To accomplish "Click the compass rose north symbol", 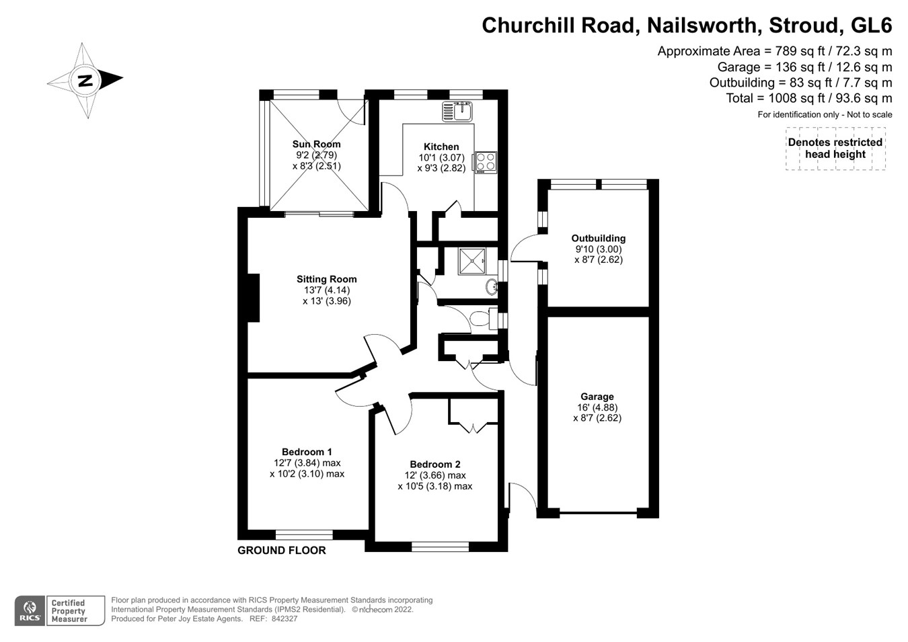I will [85, 81].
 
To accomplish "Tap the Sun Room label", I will [316, 144].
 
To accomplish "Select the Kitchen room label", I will [441, 147].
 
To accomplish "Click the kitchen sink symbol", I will [457, 111].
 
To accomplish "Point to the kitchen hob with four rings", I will [486, 162].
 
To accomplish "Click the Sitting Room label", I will [326, 279].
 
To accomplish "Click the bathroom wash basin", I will [492, 287].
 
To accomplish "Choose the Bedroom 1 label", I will [307, 452].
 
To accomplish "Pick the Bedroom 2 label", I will [434, 464].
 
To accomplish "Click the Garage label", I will [597, 397].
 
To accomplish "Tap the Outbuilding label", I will [598, 238].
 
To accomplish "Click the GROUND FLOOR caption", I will [281, 551].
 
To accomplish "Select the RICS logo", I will [30, 611].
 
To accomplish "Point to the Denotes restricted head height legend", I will [835, 149].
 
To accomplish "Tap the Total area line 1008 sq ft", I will [808, 98].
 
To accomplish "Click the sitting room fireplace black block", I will [253, 298].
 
